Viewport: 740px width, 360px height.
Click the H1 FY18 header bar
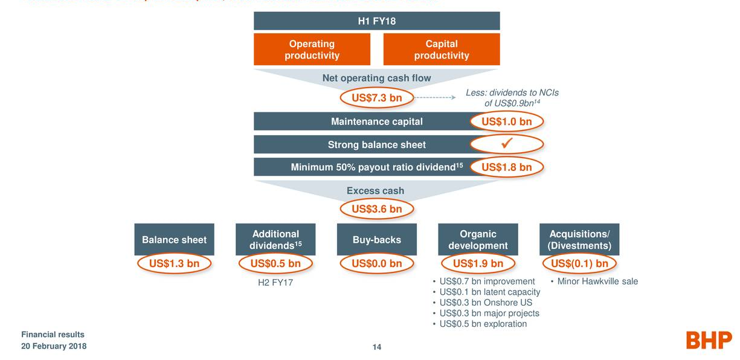(x=376, y=21)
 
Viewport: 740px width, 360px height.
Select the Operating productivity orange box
(x=312, y=50)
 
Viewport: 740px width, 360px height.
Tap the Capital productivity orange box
(x=442, y=50)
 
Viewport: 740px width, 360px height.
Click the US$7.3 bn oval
(x=376, y=98)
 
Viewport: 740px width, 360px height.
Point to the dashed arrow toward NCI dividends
(x=434, y=98)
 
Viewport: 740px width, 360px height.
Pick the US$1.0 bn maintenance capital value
(x=506, y=121)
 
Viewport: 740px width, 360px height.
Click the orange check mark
(x=507, y=144)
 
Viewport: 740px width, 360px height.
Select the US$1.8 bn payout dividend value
(x=506, y=167)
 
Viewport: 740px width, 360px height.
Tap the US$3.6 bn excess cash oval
(x=376, y=210)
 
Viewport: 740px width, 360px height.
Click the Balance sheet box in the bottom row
(x=174, y=240)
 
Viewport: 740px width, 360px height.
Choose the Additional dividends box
(x=275, y=240)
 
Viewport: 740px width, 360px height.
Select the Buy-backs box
(x=376, y=240)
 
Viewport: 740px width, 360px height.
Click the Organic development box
(x=478, y=240)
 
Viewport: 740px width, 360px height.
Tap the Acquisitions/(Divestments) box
(x=579, y=240)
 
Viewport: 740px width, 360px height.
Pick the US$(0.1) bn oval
(x=579, y=263)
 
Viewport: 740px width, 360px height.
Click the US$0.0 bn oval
(x=376, y=263)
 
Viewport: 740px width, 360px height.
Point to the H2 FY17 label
(x=275, y=282)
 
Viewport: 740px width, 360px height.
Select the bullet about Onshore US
(x=486, y=303)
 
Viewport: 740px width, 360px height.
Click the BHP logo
(x=709, y=340)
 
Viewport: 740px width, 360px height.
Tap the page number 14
(x=376, y=347)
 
